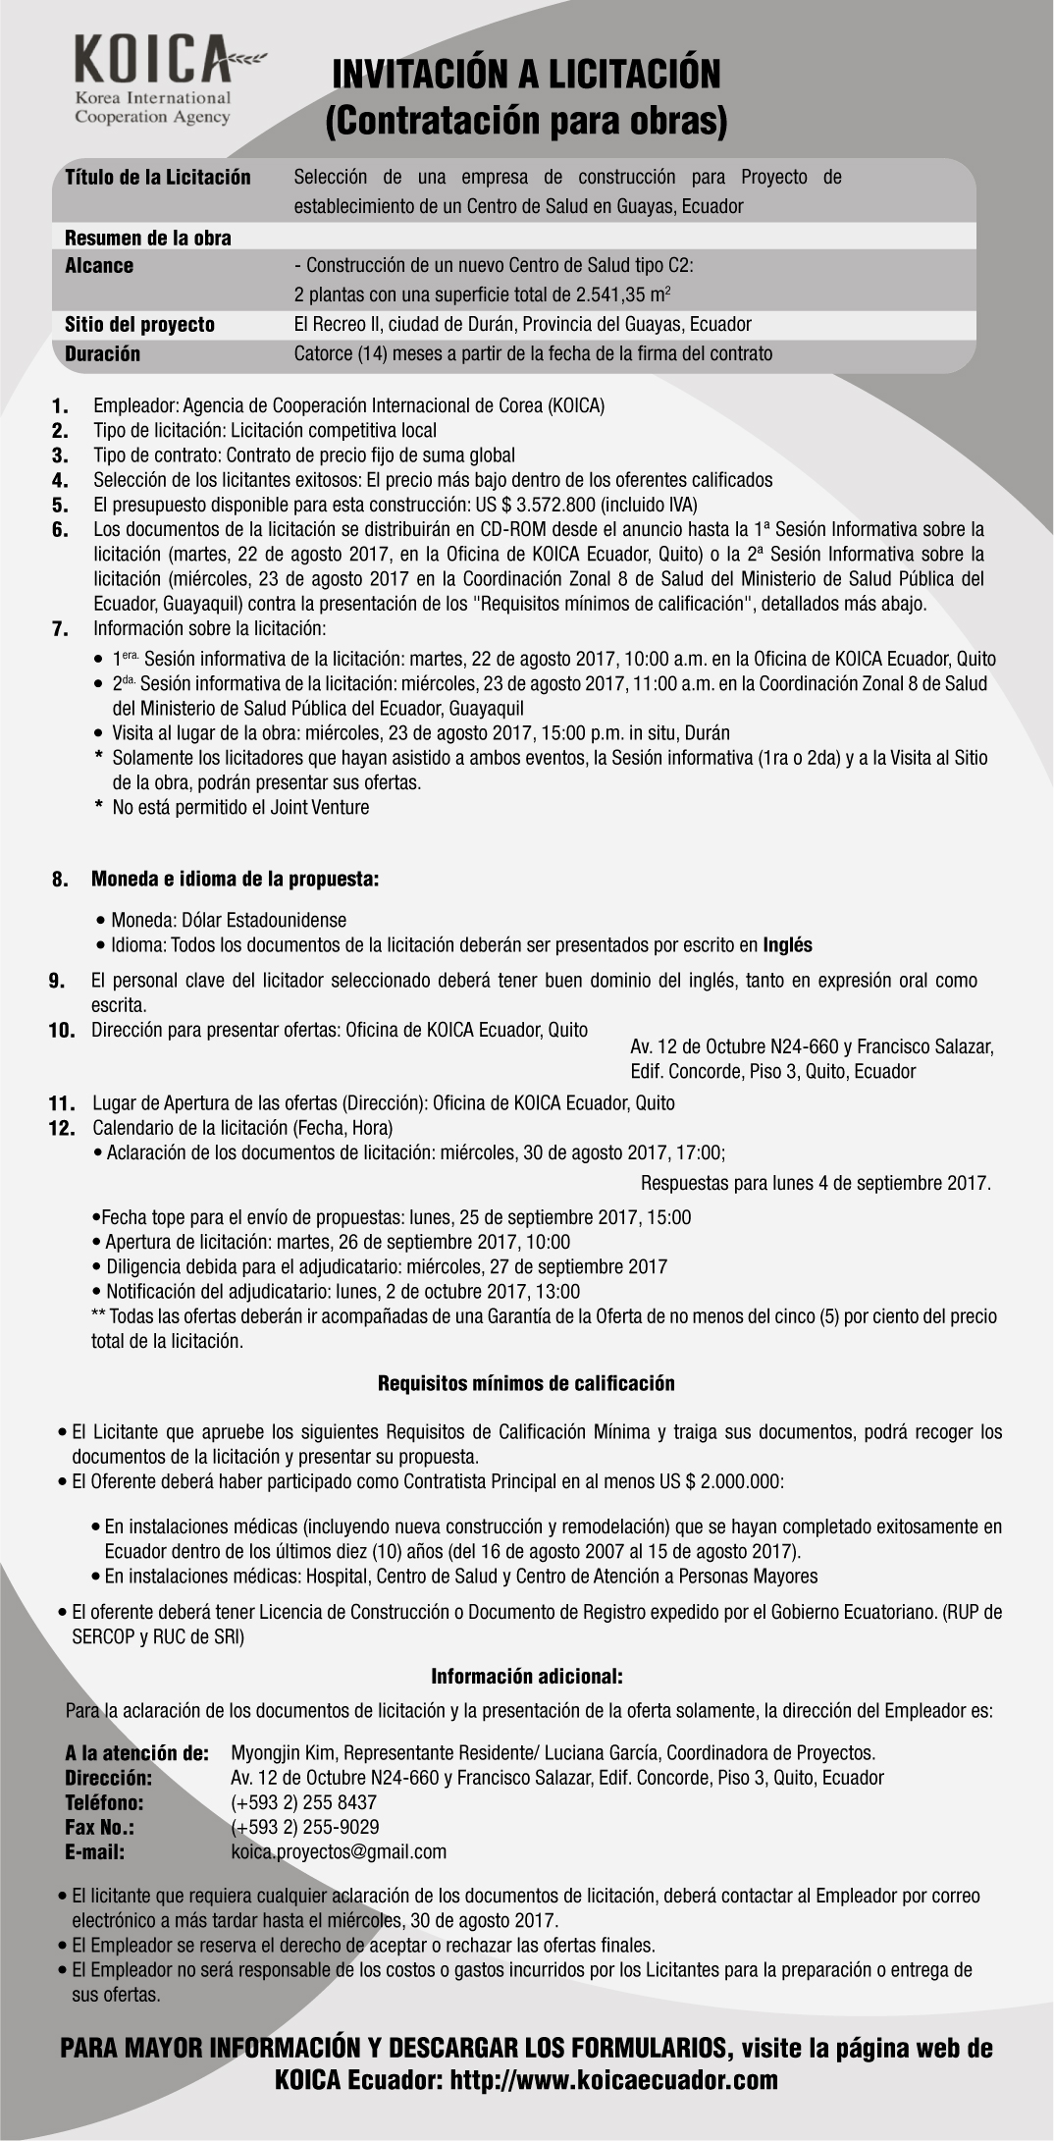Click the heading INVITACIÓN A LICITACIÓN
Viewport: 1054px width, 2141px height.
527,75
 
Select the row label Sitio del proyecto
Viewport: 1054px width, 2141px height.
139,325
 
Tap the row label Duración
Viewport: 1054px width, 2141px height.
102,354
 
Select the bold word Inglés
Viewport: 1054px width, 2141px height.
788,945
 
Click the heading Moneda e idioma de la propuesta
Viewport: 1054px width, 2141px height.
235,880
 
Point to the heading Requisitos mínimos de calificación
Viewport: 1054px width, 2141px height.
526,1383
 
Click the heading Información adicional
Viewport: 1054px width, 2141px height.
527,1676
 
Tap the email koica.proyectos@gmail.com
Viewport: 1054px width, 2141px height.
339,1851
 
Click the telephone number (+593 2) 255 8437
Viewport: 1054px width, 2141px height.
304,1802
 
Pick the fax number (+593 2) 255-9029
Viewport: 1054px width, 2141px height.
305,1827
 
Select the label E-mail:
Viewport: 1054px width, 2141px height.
95,1852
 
